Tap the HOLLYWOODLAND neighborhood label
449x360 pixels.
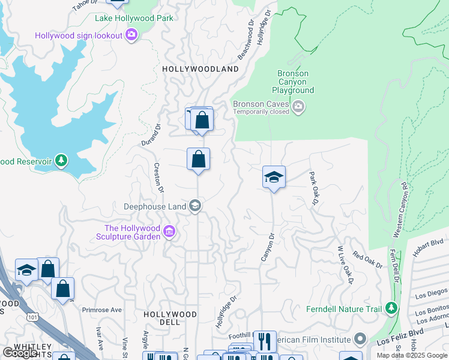[200, 69]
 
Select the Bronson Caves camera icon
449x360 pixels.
[299, 107]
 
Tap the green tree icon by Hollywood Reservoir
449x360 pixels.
[61, 161]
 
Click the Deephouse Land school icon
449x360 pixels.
[194, 206]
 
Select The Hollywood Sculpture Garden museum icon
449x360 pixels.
[169, 232]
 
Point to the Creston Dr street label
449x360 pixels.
[159, 178]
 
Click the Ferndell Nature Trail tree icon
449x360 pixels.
[391, 308]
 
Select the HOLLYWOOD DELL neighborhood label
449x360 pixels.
[170, 318]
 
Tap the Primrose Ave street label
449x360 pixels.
[102, 310]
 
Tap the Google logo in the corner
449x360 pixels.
[20, 353]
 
